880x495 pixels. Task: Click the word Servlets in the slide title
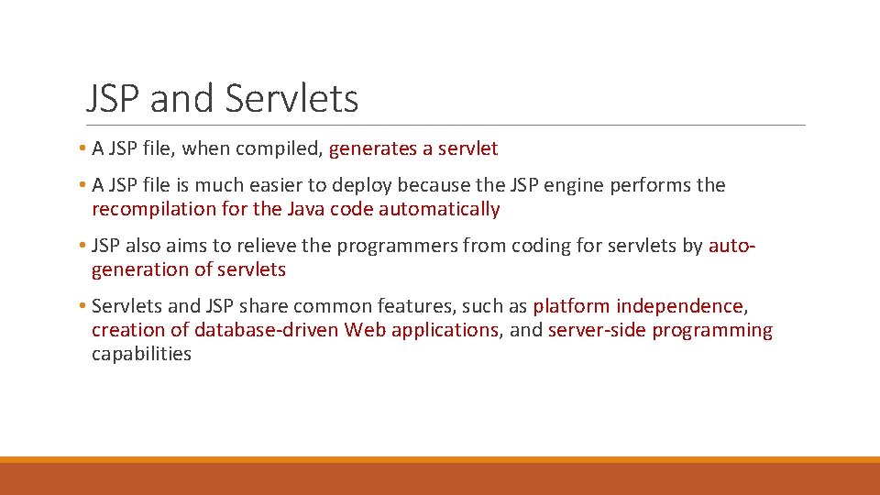(291, 99)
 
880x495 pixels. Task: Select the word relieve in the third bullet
(269, 246)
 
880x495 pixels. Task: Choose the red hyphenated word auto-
(732, 246)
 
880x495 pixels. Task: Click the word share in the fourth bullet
(264, 306)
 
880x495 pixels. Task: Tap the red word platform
(571, 306)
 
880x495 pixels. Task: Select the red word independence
(679, 306)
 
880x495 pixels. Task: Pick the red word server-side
(597, 330)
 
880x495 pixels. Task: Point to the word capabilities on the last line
(141, 354)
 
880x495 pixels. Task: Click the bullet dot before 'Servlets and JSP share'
(82, 306)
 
